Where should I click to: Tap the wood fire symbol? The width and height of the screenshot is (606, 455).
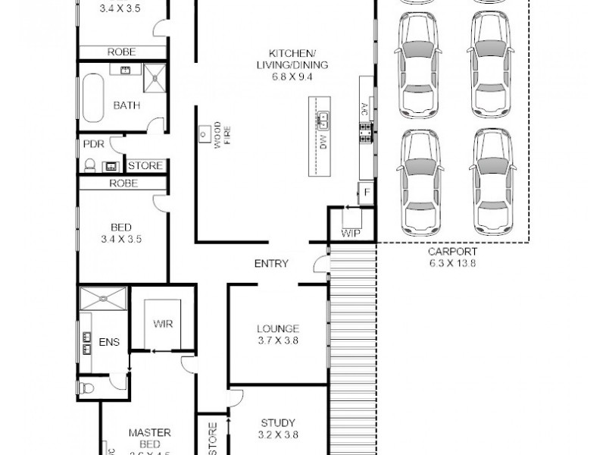(x=204, y=134)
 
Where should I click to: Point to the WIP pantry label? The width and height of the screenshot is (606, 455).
(x=351, y=233)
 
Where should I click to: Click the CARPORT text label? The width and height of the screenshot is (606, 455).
(x=451, y=252)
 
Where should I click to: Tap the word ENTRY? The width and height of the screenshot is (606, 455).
(x=270, y=263)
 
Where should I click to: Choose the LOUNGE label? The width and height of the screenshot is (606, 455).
(x=278, y=328)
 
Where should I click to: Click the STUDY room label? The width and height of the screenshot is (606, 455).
(x=278, y=422)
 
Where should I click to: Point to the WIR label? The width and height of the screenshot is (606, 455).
(x=163, y=324)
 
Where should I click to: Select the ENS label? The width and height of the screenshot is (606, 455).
(x=110, y=342)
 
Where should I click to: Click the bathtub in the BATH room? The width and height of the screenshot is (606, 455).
(x=93, y=98)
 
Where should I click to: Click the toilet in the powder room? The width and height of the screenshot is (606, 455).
(x=90, y=165)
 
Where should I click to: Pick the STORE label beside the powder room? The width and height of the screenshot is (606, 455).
(x=144, y=165)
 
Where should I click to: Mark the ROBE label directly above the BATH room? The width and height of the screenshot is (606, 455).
(x=122, y=52)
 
